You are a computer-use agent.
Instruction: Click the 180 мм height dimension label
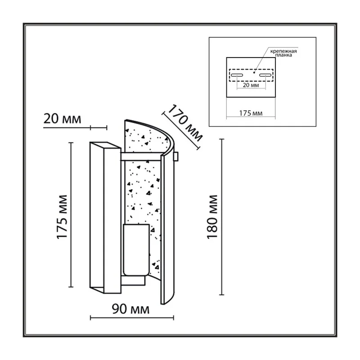[x=212, y=217]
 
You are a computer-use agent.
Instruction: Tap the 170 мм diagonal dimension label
[x=185, y=123]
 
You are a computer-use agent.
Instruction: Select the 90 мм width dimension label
[x=130, y=309]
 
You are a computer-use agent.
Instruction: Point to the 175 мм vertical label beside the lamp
[x=62, y=217]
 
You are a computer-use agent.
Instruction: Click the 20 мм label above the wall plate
[x=62, y=119]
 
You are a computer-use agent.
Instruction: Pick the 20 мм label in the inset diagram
[x=251, y=85]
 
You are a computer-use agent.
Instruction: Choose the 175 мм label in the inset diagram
[x=251, y=113]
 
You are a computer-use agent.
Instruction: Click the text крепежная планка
[x=283, y=53]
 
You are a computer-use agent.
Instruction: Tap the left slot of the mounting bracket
[x=237, y=75]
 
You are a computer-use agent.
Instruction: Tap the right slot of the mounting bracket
[x=265, y=75]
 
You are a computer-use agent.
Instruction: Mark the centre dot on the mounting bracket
[x=254, y=72]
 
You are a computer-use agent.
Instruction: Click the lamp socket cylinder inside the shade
[x=136, y=250]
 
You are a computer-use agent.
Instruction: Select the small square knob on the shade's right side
[x=176, y=156]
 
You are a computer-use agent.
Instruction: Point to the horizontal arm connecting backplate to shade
[x=141, y=156]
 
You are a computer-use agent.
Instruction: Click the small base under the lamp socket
[x=133, y=280]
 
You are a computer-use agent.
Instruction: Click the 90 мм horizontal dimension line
[x=132, y=318]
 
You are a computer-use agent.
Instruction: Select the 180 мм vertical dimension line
[x=221, y=217]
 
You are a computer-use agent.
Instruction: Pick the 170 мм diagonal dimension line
[x=181, y=131]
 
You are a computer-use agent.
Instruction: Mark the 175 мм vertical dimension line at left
[x=71, y=215]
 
